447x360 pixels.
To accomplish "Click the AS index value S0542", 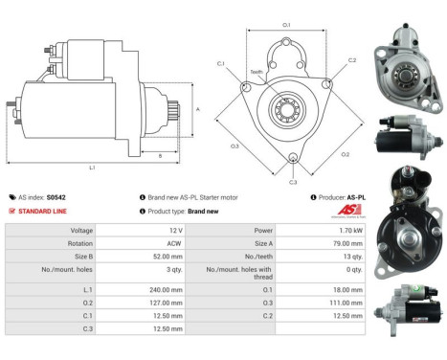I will tap(58, 196).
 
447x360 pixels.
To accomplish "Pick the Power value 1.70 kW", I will tap(349, 231).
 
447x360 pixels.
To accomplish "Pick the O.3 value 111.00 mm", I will tap(346, 302).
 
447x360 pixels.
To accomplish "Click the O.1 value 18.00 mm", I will tap(348, 288).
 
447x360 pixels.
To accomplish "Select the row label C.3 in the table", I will tap(87, 328).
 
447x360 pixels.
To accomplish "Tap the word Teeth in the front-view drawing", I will tap(257, 72).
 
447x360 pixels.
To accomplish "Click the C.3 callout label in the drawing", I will tap(293, 181).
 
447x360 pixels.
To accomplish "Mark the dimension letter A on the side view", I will tap(197, 110).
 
